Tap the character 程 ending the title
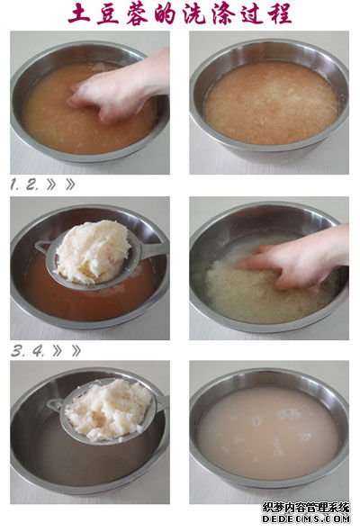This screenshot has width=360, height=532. click(279, 14)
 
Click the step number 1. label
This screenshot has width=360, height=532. click(14, 185)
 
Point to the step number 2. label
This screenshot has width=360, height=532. click(31, 185)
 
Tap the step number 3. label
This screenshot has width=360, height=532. click(17, 351)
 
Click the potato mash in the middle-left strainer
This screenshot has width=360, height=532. click(93, 251)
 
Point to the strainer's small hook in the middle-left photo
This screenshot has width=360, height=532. click(40, 246)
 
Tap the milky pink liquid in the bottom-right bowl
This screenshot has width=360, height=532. click(268, 437)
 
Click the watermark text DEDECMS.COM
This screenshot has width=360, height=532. click(306, 518)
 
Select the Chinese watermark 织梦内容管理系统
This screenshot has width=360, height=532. click(306, 507)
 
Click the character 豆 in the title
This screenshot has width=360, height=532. click(108, 14)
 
